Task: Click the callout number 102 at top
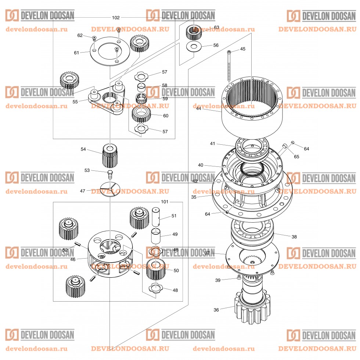(x=116, y=18)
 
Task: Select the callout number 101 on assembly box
(x=164, y=202)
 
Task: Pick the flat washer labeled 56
(x=194, y=47)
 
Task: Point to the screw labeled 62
(x=94, y=38)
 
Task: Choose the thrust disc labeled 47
(x=110, y=190)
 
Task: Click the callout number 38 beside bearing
(x=294, y=237)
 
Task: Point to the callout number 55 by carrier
(x=75, y=101)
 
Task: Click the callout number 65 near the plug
(x=296, y=156)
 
